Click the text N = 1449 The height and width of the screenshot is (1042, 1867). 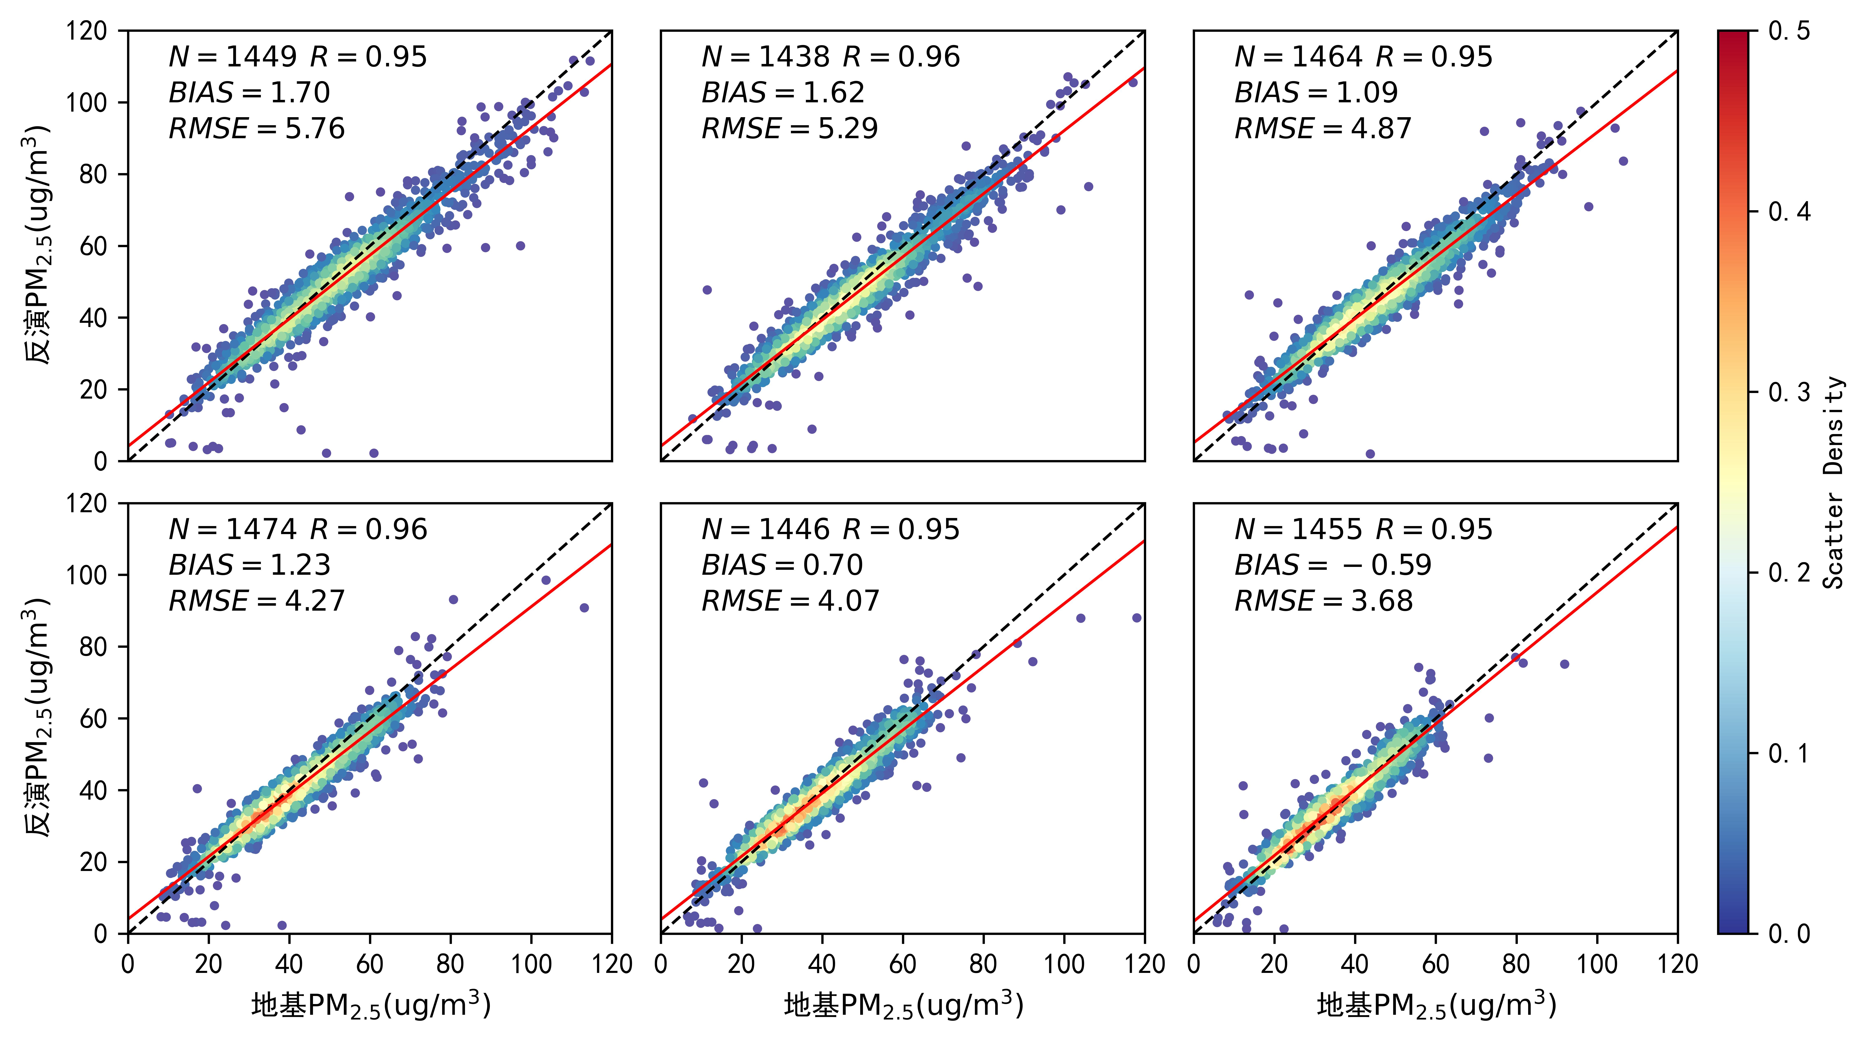232,57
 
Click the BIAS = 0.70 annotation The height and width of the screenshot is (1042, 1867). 782,565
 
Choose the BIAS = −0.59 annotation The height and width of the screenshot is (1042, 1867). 1333,565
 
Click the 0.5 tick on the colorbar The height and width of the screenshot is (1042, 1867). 1789,31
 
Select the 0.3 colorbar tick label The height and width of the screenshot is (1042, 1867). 1789,392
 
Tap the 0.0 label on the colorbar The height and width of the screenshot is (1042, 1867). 1789,933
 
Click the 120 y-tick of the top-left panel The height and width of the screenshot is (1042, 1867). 86,31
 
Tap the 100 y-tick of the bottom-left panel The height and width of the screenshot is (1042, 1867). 86,575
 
